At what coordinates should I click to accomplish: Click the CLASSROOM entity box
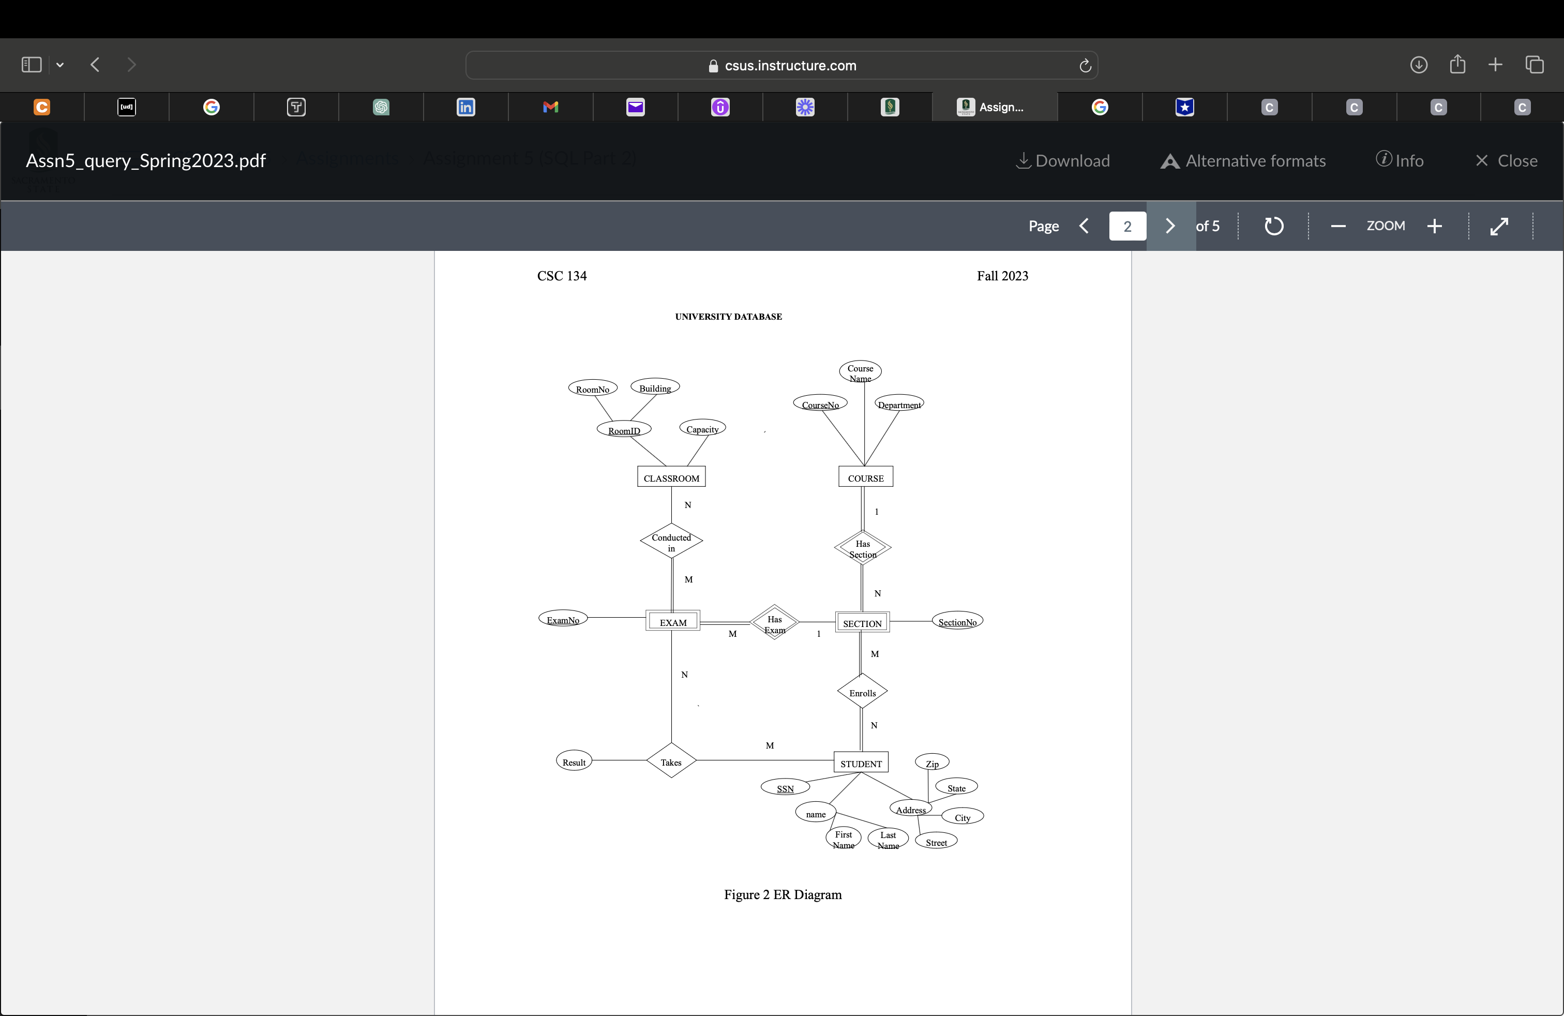(671, 477)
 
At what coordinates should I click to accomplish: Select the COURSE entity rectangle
(865, 477)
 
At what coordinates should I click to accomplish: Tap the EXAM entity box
(672, 621)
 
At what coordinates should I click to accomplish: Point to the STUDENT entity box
(861, 763)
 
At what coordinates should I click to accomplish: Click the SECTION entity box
(862, 622)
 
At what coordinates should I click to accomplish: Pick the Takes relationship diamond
(671, 761)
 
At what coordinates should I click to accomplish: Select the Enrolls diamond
(862, 692)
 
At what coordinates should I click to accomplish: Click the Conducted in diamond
(671, 542)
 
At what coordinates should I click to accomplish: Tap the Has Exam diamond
(774, 623)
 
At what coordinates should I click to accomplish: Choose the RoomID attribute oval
(624, 430)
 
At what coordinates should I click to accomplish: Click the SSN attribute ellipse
(785, 787)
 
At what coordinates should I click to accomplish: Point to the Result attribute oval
(574, 761)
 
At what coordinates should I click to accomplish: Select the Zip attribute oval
(932, 763)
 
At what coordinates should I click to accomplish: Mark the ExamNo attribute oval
(563, 619)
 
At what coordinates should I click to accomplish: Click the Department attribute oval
(899, 404)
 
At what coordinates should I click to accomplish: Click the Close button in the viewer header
(1506, 161)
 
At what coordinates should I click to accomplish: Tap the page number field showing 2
(1127, 226)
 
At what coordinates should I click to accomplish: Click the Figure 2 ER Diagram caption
(782, 894)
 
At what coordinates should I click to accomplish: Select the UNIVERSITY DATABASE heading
(728, 317)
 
